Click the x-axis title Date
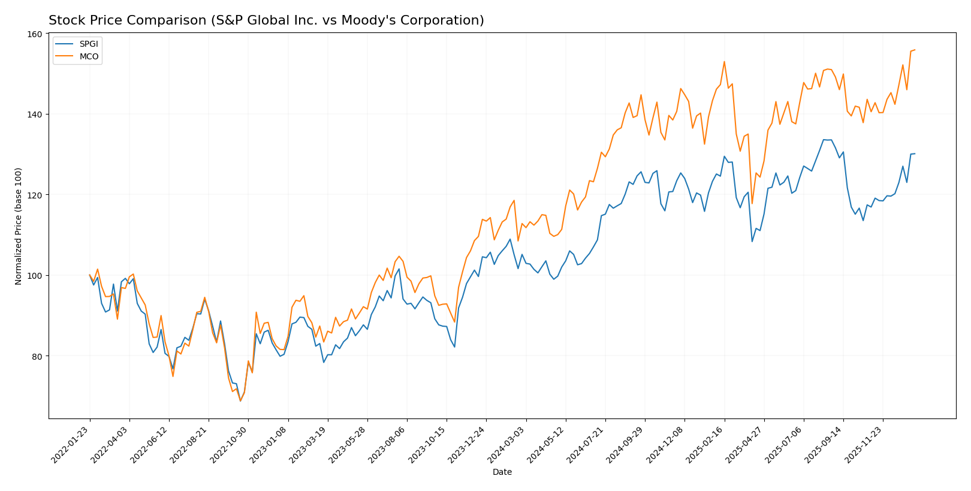(502, 472)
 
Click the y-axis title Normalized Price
(19, 226)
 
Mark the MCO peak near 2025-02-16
(724, 61)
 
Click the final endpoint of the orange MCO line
(915, 50)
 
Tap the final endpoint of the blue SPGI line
(915, 153)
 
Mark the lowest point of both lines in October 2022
(240, 400)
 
